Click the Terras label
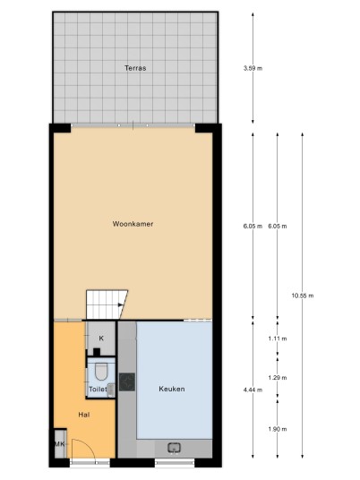coord(135,68)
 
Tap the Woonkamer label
coord(133,224)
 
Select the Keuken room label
coord(172,389)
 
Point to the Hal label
coord(84,415)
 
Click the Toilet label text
coord(98,390)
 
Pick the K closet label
coord(101,339)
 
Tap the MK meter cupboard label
coord(60,444)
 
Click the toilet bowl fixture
coord(101,372)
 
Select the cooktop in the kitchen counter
coord(127,382)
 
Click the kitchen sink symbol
coord(175,448)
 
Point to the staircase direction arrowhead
coord(121,304)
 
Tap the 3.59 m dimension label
coord(253,68)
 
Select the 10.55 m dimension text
coord(303,296)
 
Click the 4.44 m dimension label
coord(253,390)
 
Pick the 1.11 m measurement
coord(278,339)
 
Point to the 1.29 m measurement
coord(278,377)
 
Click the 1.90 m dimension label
coord(278,429)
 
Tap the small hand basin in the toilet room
coord(111,390)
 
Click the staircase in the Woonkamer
coord(107,304)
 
